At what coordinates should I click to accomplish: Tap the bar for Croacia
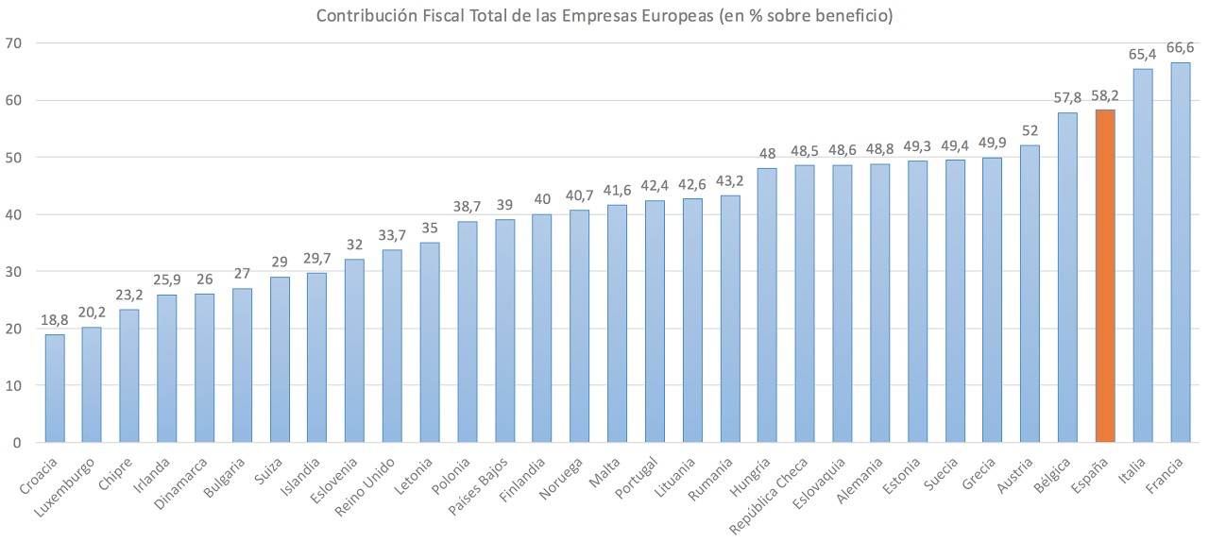55,388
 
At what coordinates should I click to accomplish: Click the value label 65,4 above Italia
1142,55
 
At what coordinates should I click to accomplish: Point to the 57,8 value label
1067,98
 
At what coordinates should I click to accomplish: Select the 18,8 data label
55,321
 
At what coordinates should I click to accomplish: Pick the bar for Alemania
879,303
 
